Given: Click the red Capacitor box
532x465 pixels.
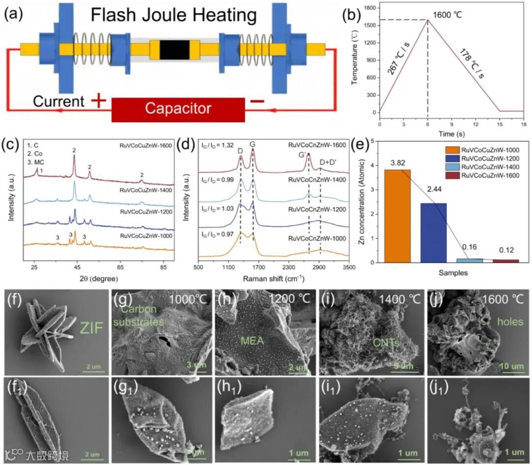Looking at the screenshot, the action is click(x=178, y=108).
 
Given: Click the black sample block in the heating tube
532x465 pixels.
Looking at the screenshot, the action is click(x=174, y=50).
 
